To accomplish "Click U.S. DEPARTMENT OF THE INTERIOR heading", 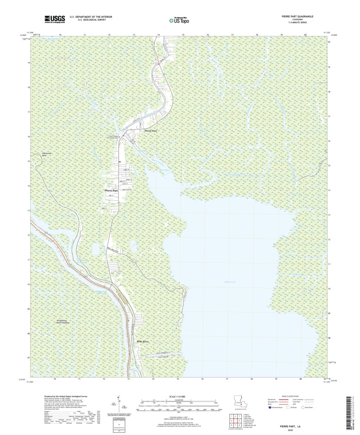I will pyautogui.click(x=91, y=17).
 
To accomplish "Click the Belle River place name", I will pyautogui.click(x=143, y=342).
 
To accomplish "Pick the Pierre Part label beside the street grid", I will pyautogui.click(x=111, y=190).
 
